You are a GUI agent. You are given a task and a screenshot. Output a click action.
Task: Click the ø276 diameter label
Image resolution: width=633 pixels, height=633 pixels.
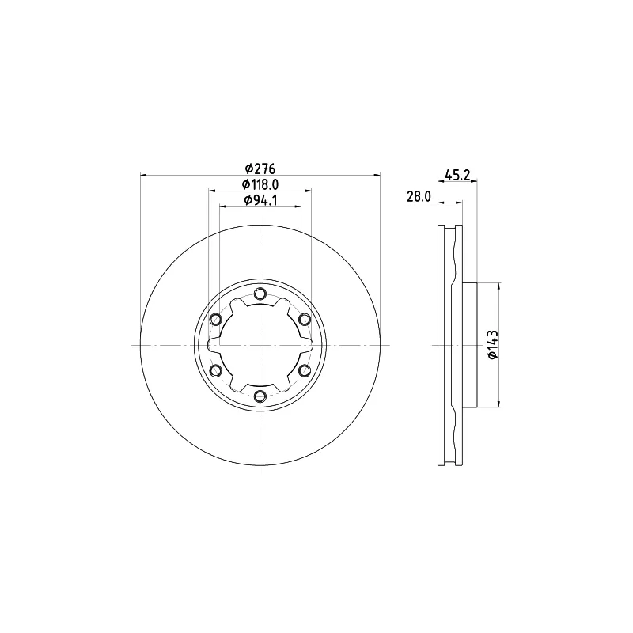click(x=260, y=169)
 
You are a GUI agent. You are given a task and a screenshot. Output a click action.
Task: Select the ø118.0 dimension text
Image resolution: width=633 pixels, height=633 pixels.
click(x=260, y=184)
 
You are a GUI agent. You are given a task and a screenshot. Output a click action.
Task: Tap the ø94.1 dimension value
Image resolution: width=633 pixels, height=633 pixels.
click(x=260, y=200)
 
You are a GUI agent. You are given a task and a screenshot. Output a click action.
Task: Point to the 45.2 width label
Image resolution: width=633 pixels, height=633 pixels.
click(x=457, y=175)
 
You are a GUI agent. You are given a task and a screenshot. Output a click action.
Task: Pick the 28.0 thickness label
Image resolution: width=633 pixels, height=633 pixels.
click(x=419, y=196)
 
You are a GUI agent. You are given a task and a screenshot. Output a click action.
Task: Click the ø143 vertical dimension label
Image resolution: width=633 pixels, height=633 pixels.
click(x=492, y=344)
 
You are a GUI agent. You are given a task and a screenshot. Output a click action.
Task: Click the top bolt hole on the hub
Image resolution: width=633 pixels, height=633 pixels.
click(x=260, y=294)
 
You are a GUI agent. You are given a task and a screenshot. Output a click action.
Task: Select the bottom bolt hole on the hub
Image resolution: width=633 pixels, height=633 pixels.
click(x=260, y=396)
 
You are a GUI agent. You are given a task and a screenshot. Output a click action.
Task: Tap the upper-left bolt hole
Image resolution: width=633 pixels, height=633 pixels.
click(x=216, y=320)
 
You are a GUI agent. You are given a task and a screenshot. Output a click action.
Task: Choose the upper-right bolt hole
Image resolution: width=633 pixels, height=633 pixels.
click(x=305, y=320)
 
